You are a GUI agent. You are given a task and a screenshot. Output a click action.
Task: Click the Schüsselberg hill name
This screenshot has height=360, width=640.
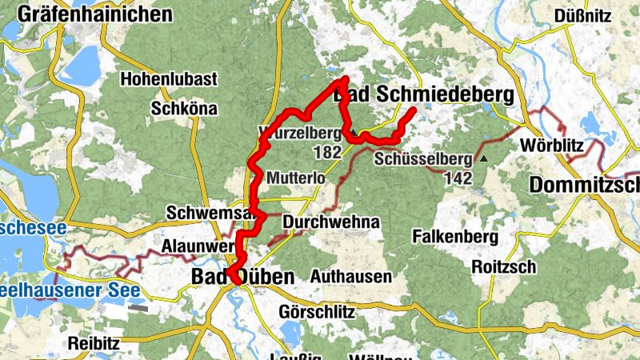coord(422,159)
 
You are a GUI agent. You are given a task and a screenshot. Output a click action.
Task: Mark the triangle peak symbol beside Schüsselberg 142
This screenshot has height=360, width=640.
coord(483,159)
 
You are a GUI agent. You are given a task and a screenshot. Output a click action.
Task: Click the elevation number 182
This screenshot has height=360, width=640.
coord(328,152)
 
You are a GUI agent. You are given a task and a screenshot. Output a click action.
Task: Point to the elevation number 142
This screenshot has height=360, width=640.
coord(460,178)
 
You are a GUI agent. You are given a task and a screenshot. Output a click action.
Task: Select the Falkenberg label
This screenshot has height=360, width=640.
coord(454,237)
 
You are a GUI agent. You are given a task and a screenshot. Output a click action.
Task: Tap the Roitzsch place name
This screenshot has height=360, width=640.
coord(504,266)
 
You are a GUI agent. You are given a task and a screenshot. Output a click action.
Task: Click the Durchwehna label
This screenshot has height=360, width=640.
coord(330,221)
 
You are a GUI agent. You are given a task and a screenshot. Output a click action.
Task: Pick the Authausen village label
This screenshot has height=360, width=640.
coord(350,277)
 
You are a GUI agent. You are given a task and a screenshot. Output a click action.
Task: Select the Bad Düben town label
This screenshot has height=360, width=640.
coord(242,277)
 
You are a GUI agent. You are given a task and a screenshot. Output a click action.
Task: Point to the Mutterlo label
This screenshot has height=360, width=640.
coord(298,177)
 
